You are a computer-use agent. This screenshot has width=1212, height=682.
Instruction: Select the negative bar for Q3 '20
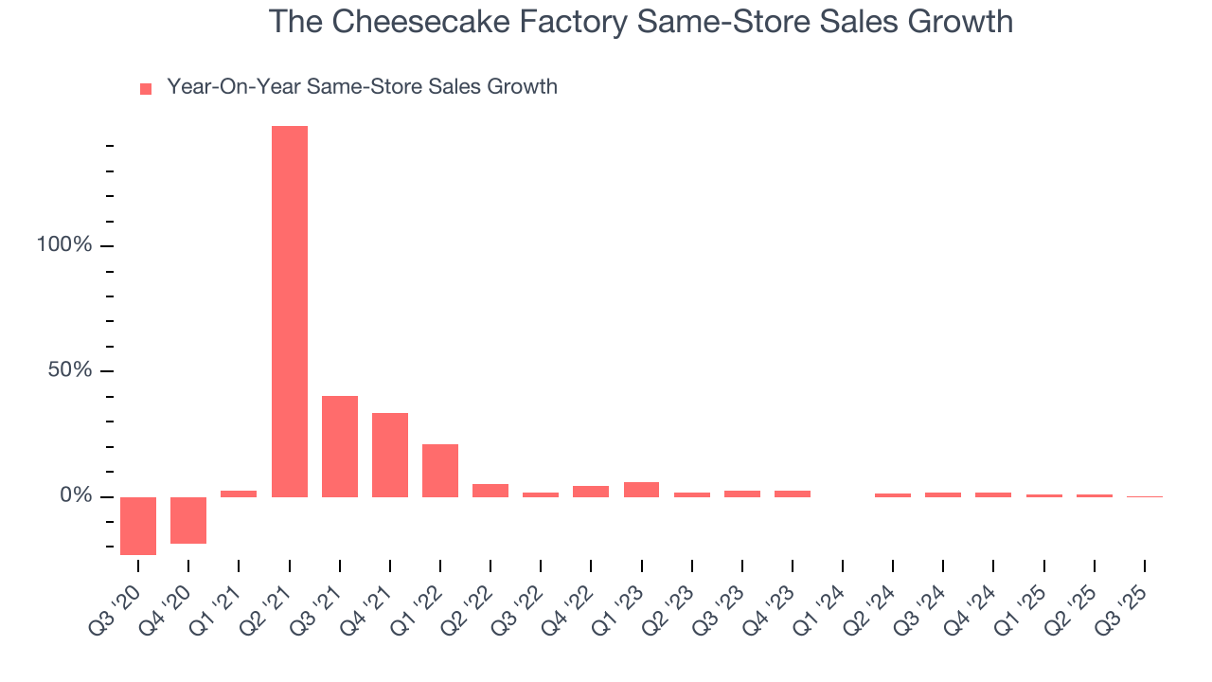click(138, 526)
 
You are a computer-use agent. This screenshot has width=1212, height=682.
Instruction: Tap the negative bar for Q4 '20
click(188, 520)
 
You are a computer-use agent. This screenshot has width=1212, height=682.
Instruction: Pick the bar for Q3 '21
click(340, 446)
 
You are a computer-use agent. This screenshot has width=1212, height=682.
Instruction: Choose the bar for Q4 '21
click(390, 455)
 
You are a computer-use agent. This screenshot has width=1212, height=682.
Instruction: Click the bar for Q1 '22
click(440, 471)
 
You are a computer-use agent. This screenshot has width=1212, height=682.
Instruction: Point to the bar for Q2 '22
click(490, 491)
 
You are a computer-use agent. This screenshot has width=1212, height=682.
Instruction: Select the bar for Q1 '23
click(641, 490)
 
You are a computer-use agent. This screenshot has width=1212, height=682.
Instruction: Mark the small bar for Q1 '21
click(239, 494)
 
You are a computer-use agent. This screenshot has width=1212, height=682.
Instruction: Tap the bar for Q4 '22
click(591, 492)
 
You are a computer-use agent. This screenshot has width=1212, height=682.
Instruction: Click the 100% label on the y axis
click(64, 245)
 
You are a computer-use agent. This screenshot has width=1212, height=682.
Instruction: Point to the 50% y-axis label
click(70, 370)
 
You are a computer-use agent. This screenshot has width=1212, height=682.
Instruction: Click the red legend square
click(146, 89)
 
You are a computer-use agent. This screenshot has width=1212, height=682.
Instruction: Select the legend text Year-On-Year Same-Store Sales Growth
click(362, 87)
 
